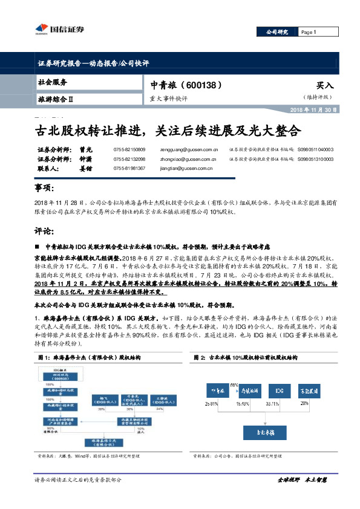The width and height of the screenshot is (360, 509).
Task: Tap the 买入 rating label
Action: coord(324,86)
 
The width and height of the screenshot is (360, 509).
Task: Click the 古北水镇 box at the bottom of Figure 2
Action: coord(264,433)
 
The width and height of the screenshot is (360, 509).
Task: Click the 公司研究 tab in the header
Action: coord(277,32)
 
